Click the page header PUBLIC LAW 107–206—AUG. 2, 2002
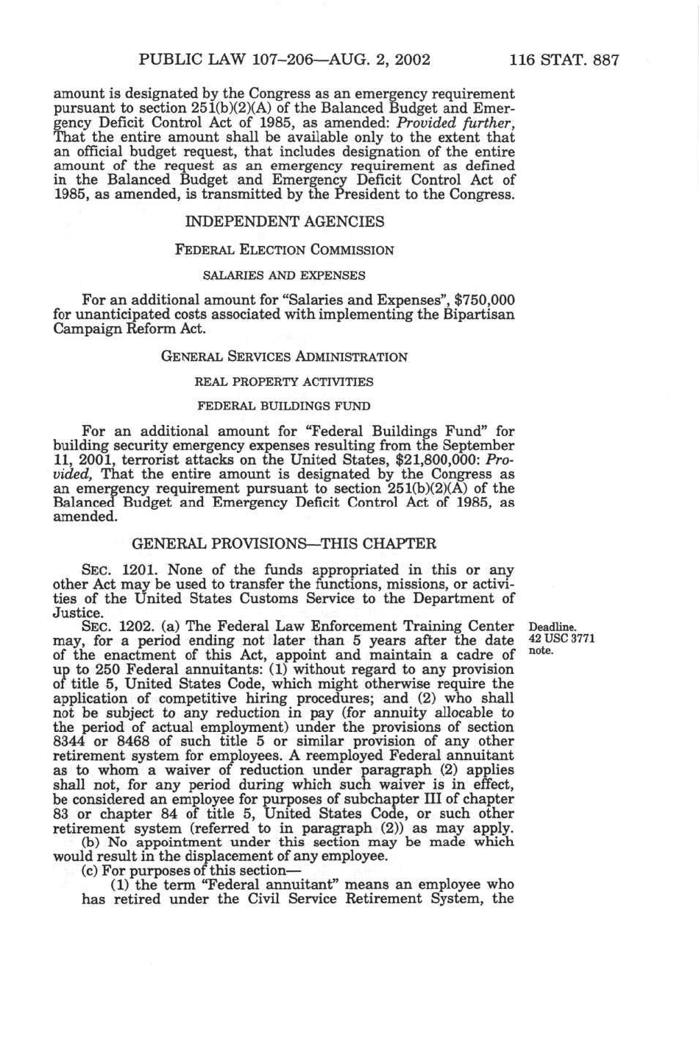[284, 60]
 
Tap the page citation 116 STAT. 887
[564, 60]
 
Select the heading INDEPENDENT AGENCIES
[285, 222]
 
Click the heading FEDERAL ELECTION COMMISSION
[284, 250]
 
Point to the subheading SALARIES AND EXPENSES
[284, 275]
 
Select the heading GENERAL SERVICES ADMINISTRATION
[284, 357]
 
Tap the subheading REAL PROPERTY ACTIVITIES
[284, 381]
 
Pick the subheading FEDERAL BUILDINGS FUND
[284, 406]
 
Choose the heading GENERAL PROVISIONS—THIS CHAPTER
[284, 544]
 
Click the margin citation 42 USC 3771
[561, 639]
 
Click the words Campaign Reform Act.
[129, 328]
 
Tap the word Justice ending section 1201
[77, 613]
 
